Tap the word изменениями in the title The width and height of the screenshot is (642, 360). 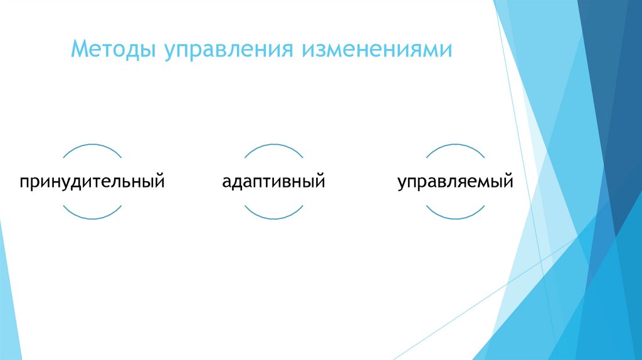[378, 49]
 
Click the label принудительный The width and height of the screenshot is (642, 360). [92, 183]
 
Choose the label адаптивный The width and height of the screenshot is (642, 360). [273, 183]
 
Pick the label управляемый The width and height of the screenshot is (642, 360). [455, 183]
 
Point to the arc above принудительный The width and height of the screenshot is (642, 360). [92, 146]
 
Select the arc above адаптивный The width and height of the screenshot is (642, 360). [273, 146]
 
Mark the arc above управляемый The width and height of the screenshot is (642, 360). [455, 146]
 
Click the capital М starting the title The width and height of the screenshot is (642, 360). [79, 48]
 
